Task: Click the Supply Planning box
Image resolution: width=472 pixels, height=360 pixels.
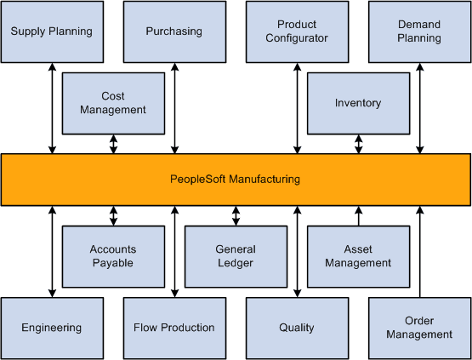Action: click(52, 31)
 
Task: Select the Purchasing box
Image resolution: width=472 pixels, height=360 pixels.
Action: click(174, 31)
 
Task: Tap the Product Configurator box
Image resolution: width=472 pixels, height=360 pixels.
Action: click(297, 31)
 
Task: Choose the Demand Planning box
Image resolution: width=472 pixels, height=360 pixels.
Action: click(419, 31)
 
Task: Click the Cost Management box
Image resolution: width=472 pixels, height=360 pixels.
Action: click(113, 103)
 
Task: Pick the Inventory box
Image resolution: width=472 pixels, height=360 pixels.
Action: click(358, 103)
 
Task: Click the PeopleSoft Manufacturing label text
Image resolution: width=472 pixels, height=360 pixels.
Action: click(235, 180)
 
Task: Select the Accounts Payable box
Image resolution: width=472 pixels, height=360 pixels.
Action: click(113, 256)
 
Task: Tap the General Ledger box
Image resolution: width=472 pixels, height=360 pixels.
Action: click(236, 256)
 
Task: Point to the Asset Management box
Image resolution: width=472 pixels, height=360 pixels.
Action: click(358, 256)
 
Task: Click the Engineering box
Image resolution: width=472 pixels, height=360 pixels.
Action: click(52, 328)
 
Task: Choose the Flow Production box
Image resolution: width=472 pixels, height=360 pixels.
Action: click(174, 328)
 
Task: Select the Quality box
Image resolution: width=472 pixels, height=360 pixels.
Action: click(297, 328)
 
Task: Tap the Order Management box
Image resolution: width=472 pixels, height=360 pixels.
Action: click(419, 328)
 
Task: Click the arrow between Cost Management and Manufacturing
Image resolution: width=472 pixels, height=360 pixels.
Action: click(113, 144)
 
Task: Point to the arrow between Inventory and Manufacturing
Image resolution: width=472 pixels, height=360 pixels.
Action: click(358, 144)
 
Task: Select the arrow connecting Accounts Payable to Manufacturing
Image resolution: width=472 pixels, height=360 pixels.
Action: click(113, 216)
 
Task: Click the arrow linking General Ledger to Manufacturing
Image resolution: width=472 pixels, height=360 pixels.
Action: click(236, 216)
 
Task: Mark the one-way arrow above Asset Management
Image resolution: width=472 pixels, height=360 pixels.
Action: click(358, 216)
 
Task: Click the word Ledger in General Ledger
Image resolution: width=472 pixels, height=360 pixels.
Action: click(236, 263)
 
